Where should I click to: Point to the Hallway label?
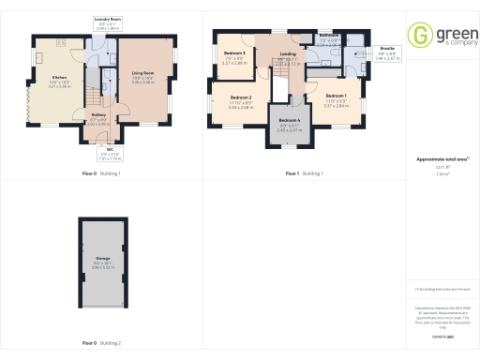[x=98, y=115]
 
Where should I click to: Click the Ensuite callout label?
[x=387, y=47]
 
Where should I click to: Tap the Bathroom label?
[x=328, y=34]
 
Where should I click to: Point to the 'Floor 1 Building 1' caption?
[x=305, y=173]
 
